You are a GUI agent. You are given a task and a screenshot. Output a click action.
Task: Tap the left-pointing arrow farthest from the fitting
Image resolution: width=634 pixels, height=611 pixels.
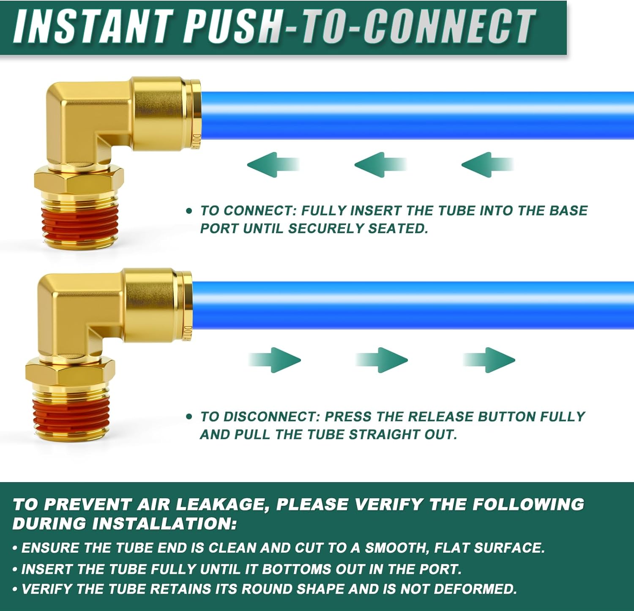487,164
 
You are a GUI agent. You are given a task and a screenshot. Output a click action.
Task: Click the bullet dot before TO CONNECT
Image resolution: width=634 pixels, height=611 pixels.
189,210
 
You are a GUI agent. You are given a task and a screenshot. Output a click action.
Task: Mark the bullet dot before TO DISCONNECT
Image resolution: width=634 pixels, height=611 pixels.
189,417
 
